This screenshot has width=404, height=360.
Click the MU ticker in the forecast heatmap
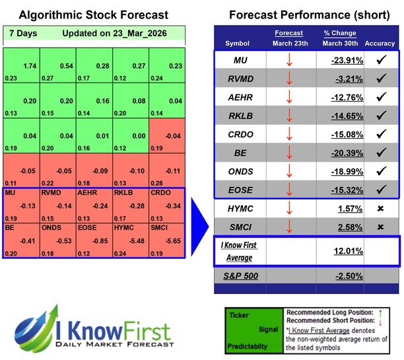[10, 193]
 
